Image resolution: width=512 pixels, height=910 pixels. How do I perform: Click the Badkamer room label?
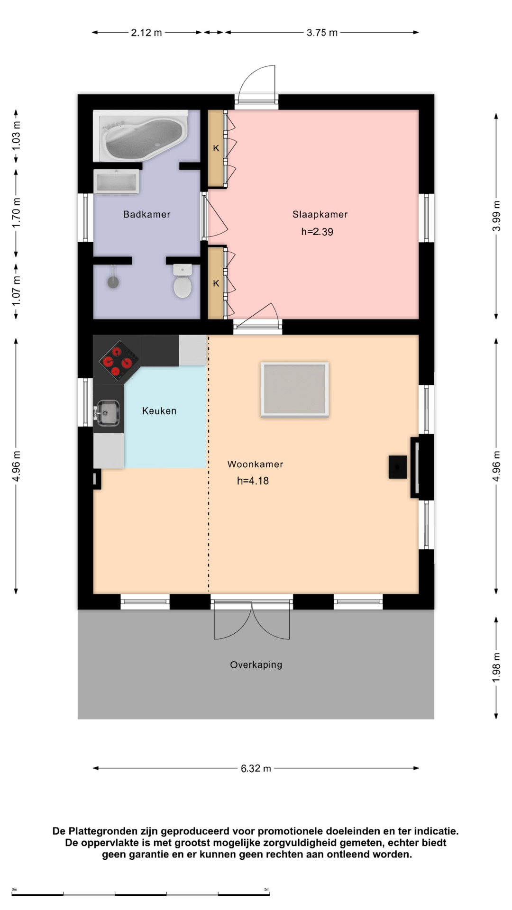[146, 214]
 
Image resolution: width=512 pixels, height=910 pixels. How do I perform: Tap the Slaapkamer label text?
[320, 214]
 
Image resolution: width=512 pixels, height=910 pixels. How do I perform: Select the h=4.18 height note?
[253, 481]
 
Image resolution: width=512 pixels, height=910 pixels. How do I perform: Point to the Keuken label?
[159, 411]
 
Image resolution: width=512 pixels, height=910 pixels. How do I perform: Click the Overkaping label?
[256, 665]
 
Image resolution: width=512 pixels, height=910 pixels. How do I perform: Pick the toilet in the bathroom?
[183, 281]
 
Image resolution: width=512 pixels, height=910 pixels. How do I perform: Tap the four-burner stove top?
[119, 360]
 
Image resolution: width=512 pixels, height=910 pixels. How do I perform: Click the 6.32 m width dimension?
[256, 768]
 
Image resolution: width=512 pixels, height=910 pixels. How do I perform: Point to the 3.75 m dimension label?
[322, 33]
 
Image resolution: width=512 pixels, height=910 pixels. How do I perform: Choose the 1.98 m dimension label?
[496, 667]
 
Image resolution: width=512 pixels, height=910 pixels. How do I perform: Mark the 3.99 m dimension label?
[496, 216]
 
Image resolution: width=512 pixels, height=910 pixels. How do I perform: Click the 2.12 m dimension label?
[146, 33]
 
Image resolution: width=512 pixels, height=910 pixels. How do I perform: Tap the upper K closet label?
[216, 148]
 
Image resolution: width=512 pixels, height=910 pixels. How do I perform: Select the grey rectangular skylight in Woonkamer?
[295, 390]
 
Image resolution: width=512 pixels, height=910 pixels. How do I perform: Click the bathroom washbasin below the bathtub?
[116, 182]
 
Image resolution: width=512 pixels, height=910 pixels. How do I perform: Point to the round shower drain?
[113, 282]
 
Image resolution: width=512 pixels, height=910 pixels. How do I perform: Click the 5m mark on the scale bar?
[267, 889]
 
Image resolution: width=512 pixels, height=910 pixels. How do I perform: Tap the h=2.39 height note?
[317, 232]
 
